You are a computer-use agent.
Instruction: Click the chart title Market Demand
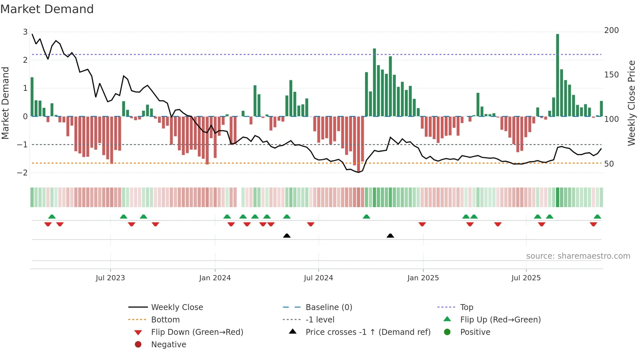(x=47, y=9)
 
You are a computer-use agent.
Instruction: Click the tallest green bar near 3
(x=557, y=75)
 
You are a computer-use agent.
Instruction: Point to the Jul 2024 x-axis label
(x=318, y=278)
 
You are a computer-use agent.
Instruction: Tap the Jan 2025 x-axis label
(x=423, y=278)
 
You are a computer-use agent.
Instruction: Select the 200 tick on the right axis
(x=611, y=30)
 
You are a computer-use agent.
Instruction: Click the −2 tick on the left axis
(x=22, y=173)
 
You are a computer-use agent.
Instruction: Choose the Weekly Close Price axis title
(x=632, y=103)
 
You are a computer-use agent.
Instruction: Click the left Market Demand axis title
(x=5, y=103)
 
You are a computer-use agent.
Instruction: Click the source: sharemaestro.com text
(x=578, y=256)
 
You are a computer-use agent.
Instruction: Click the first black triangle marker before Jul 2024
(x=287, y=236)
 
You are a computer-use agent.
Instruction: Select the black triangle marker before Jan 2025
(x=390, y=236)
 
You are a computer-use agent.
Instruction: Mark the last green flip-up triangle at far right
(x=597, y=217)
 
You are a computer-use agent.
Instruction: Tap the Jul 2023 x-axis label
(x=110, y=278)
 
